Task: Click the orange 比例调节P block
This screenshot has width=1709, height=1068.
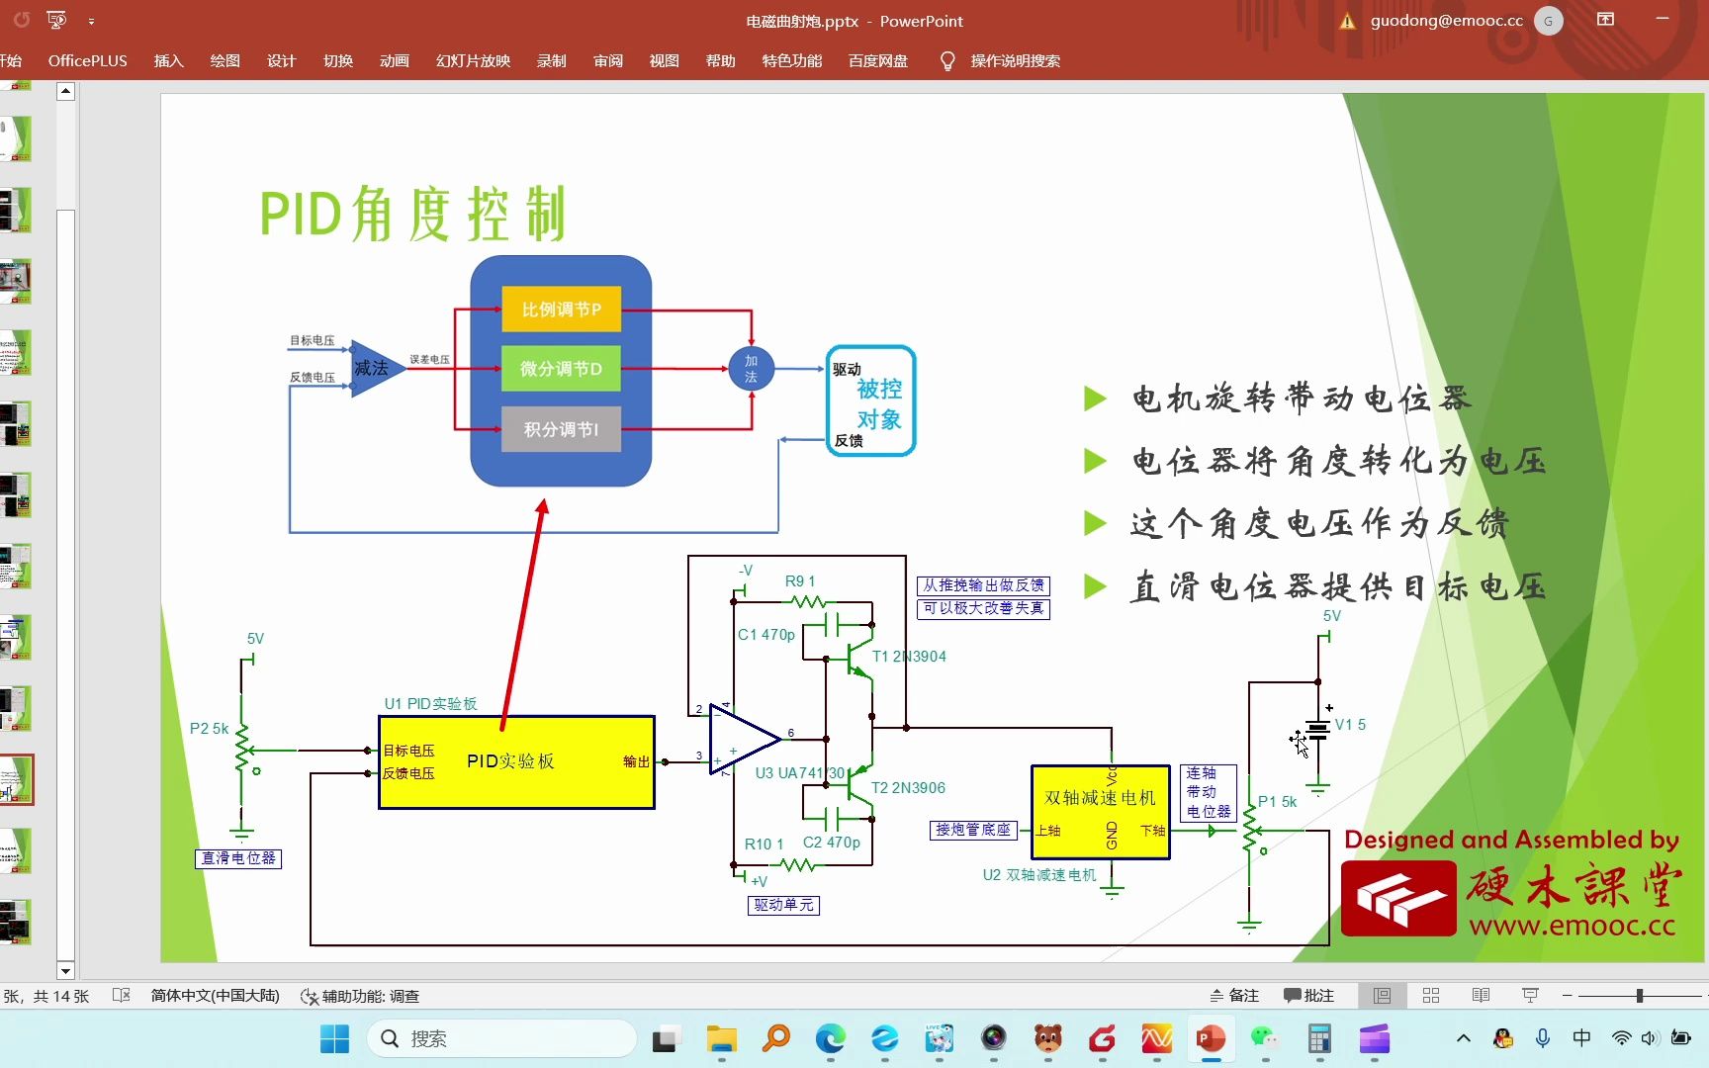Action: point(561,310)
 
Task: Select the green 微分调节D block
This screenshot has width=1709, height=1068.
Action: point(561,369)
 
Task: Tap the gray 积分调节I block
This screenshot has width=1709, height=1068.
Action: point(561,429)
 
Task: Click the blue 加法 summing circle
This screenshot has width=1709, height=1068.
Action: point(751,369)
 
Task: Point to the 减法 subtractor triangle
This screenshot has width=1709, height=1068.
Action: point(374,368)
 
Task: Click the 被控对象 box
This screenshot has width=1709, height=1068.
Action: point(870,400)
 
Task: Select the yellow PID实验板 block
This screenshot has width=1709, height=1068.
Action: point(516,761)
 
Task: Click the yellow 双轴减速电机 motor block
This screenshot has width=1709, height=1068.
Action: point(1100,811)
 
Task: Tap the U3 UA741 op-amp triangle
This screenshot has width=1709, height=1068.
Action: point(740,740)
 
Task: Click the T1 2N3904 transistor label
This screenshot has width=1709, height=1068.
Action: point(909,657)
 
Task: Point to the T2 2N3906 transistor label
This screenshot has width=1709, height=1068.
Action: point(908,788)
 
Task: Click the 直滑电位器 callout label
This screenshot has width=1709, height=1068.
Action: point(238,858)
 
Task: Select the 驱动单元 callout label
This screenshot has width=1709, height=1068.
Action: point(783,905)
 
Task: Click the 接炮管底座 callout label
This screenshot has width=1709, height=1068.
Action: point(973,830)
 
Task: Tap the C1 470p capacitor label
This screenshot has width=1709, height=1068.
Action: point(766,635)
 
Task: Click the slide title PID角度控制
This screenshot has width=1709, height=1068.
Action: point(412,214)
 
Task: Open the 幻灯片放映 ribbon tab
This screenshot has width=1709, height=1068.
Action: point(473,61)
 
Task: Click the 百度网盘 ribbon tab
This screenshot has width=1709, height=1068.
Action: point(877,61)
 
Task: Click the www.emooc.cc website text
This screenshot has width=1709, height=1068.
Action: point(1572,927)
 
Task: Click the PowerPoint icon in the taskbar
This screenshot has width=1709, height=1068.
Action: point(1211,1039)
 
